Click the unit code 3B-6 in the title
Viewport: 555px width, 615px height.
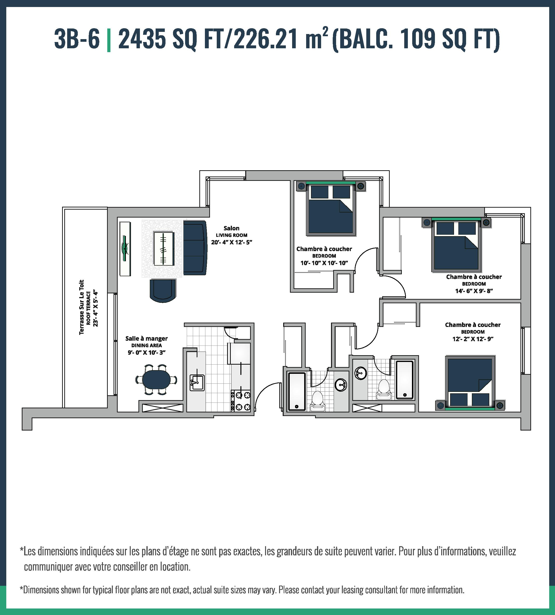77,39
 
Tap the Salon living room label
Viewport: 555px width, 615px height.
231,228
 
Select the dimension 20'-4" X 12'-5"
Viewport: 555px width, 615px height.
231,243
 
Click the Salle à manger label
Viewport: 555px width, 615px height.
146,339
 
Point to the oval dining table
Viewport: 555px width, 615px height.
156,379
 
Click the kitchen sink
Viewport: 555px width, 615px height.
197,382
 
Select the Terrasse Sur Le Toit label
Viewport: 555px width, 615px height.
81,307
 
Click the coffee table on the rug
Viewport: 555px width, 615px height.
164,249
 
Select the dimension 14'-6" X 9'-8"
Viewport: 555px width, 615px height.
474,291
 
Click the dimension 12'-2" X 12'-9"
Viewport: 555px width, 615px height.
473,339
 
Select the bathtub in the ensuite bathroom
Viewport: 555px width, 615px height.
404,380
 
